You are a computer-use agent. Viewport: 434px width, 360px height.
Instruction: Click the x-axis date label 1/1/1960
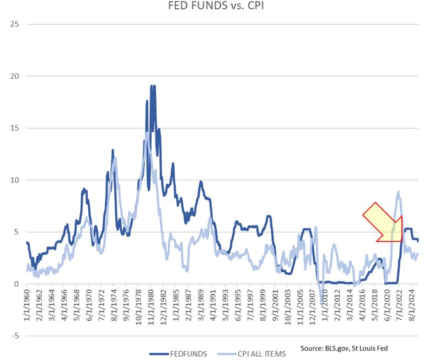pyautogui.click(x=27, y=307)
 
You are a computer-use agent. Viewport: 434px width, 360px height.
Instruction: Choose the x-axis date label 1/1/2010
pyautogui.click(x=324, y=307)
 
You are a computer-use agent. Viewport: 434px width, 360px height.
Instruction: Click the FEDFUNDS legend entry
pyautogui.click(x=180, y=353)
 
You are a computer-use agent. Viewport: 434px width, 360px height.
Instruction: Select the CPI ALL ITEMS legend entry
pyautogui.click(x=255, y=353)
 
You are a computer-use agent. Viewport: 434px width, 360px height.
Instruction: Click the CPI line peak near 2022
pyautogui.click(x=398, y=192)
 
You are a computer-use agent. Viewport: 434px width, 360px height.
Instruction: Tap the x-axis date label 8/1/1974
pyautogui.click(x=114, y=307)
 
